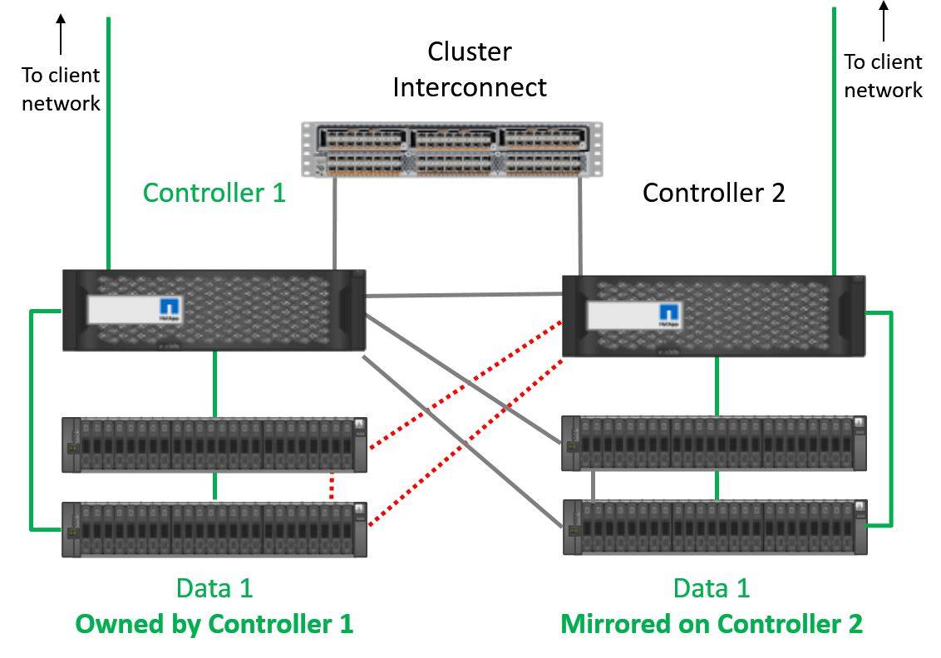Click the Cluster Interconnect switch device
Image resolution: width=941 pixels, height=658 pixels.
tap(452, 150)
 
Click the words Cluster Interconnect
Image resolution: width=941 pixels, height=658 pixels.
tap(470, 69)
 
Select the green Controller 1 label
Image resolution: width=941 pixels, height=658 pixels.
tap(214, 193)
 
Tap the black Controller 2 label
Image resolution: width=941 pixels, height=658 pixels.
tap(713, 193)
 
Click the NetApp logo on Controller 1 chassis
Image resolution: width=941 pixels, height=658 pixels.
tap(170, 310)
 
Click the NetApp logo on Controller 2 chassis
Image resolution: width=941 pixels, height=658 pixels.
tap(668, 315)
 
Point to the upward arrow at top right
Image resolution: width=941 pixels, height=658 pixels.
tap(883, 21)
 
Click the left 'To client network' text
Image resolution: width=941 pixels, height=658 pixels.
tap(61, 89)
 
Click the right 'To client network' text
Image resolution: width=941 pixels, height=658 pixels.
tap(883, 76)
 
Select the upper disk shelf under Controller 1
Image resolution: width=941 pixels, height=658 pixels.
tap(214, 445)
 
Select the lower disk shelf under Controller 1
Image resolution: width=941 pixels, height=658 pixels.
tap(214, 529)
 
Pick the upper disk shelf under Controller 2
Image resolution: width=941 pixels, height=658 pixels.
tap(713, 443)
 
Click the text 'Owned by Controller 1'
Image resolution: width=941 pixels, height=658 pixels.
tap(214, 623)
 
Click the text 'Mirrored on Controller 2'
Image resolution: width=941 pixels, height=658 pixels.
tap(712, 623)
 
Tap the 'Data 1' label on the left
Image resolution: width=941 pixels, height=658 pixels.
tap(214, 588)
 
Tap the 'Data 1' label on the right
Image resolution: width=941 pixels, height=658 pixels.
tap(712, 588)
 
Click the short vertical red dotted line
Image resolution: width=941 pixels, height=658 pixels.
tap(332, 486)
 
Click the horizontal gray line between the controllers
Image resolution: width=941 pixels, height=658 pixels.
tap(464, 294)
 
